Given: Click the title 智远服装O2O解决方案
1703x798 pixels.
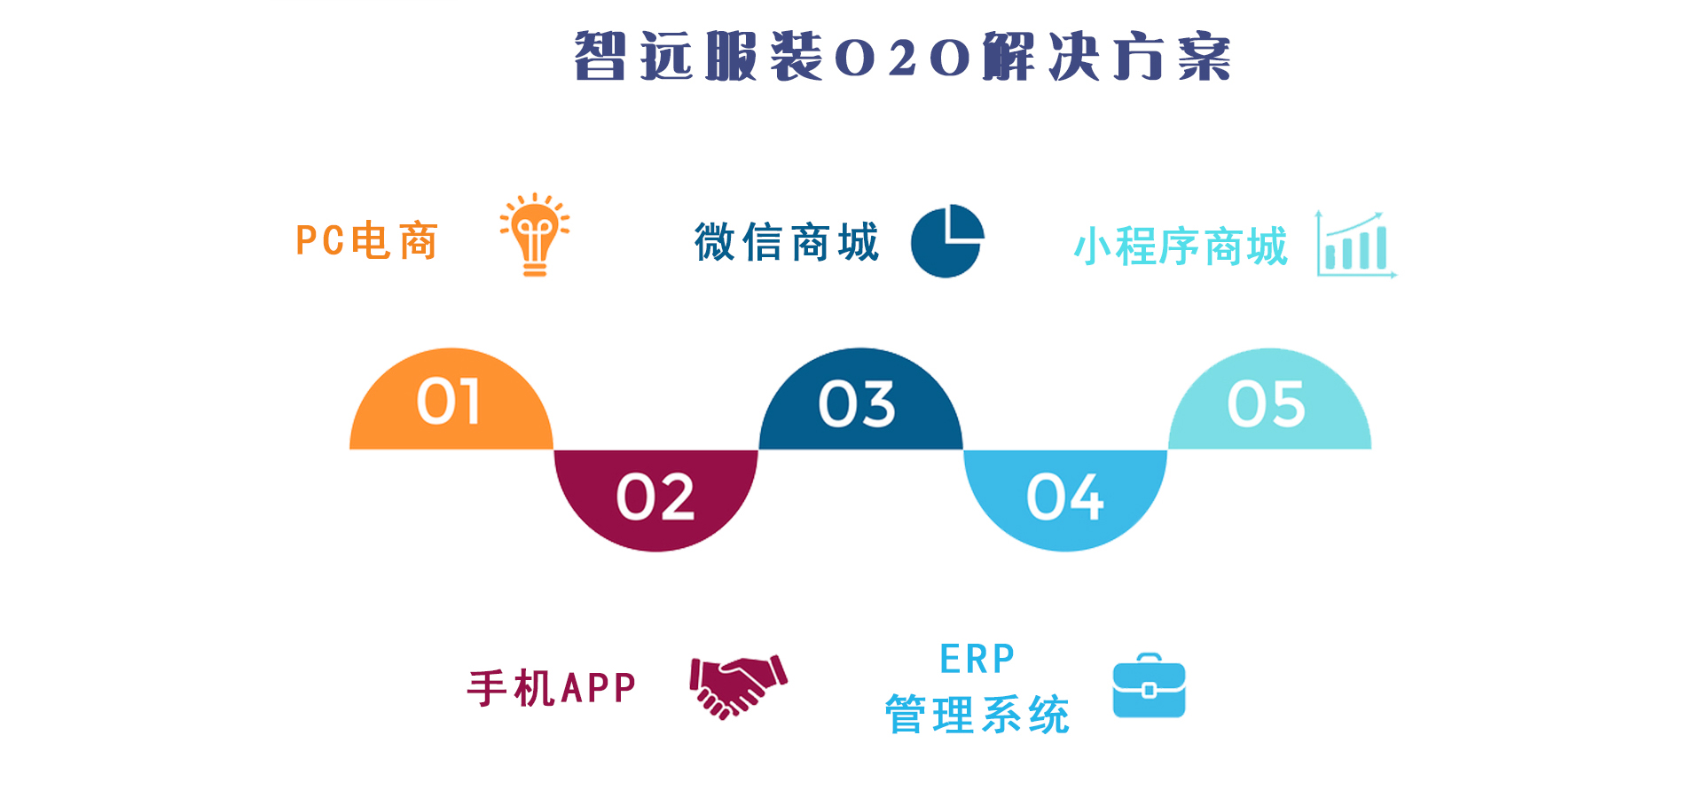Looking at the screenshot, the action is (903, 57).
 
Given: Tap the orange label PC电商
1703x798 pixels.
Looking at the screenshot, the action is (367, 241).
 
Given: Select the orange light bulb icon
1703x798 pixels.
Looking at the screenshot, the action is (534, 234).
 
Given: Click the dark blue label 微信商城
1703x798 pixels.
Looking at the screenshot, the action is (787, 242).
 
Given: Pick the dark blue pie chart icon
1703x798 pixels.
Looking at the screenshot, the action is (947, 241).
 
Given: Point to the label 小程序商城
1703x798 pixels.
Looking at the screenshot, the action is (1181, 246).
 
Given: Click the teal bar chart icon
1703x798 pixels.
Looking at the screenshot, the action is (1356, 244).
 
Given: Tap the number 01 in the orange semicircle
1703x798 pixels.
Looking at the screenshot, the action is (449, 402).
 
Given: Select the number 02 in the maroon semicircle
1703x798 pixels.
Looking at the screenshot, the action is (655, 497).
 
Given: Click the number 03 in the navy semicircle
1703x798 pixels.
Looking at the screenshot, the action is (857, 404).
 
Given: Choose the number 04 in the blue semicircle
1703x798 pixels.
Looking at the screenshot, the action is (1065, 497).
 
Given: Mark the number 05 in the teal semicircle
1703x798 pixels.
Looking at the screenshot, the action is (1267, 404).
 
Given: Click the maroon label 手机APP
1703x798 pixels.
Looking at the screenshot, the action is (552, 688).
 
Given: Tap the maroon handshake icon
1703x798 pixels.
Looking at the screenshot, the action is (739, 686).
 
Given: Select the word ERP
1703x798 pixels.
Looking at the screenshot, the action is (977, 659).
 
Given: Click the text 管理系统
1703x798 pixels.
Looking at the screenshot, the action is (977, 715).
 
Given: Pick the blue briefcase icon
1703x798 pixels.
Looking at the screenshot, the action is (1150, 685).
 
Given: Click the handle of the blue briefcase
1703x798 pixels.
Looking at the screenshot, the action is (1150, 658).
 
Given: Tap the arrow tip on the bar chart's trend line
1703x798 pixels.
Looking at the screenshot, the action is (1380, 214).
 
